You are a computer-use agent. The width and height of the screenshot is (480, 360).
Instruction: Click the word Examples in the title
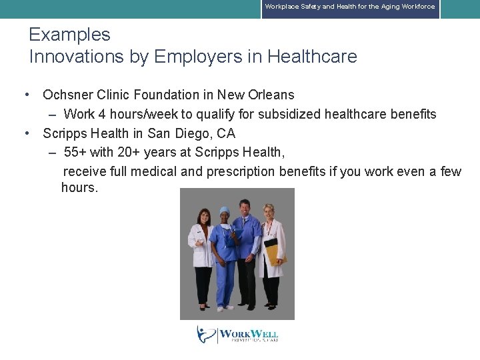pyautogui.click(x=69, y=35)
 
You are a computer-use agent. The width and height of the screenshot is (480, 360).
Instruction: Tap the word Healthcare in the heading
pyautogui.click(x=312, y=57)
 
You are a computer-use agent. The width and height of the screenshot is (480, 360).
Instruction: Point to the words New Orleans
pyautogui.click(x=260, y=95)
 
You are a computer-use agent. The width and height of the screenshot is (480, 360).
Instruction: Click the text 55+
pyautogui.click(x=75, y=152)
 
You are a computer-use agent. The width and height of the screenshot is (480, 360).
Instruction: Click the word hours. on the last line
pyautogui.click(x=79, y=187)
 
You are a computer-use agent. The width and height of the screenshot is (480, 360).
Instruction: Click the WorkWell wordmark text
pyautogui.click(x=248, y=334)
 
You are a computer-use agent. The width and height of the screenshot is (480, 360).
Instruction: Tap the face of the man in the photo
pyautogui.click(x=245, y=208)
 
